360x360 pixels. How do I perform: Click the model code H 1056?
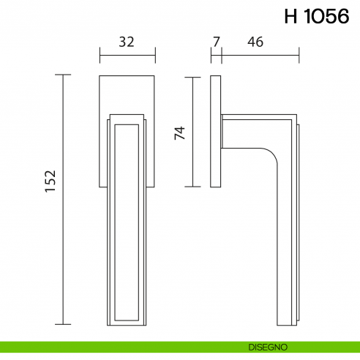point(315,17)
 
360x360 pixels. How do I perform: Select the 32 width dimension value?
point(127,42)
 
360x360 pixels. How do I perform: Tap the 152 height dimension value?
point(50,181)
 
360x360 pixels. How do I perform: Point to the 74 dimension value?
point(179,132)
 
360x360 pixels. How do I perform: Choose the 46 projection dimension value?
point(255,42)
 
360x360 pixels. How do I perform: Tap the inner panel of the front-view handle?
point(127,220)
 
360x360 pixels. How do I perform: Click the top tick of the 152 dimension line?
point(64,75)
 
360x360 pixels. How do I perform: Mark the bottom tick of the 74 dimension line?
point(192,187)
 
